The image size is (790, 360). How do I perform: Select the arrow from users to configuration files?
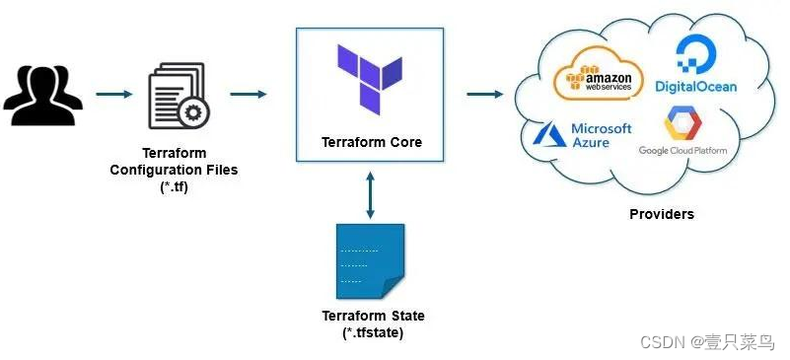pos(114,95)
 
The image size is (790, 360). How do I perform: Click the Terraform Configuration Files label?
pos(174,163)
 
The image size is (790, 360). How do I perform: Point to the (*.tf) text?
pos(174,186)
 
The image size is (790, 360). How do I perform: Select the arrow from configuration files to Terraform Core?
pos(249,95)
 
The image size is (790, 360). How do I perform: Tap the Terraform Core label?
pos(371,142)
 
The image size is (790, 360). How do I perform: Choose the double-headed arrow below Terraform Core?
pos(370,194)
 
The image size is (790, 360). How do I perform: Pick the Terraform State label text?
pos(373,316)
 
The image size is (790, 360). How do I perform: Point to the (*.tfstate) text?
pos(373,333)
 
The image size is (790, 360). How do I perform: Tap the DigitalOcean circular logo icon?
pos(696,55)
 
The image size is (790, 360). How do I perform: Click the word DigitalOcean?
pos(695,87)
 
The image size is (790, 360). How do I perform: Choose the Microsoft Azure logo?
pos(582,135)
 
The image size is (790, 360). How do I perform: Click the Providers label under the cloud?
pos(661,214)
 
